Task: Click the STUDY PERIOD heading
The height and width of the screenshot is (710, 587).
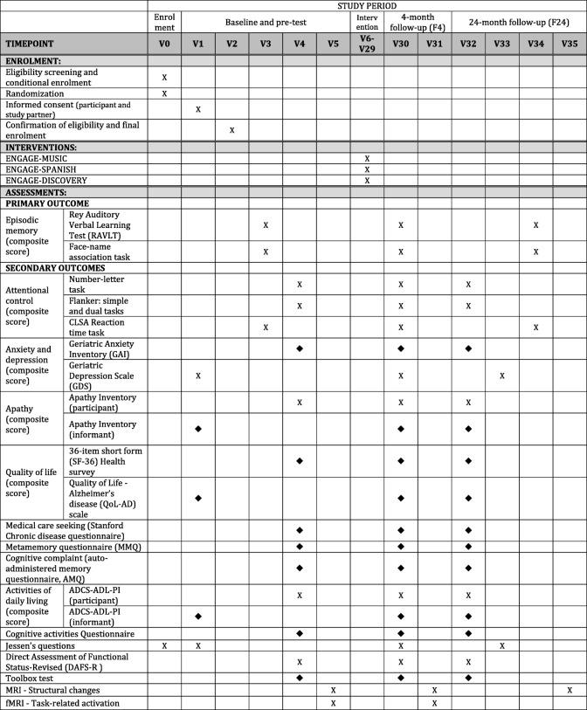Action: click(367, 5)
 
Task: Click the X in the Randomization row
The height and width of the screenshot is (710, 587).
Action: click(164, 93)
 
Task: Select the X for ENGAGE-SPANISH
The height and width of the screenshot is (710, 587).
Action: click(367, 169)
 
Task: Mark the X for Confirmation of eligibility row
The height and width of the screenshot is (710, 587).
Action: click(231, 130)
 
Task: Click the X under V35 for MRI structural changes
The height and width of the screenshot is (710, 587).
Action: click(570, 690)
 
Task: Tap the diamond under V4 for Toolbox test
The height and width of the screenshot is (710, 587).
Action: click(300, 677)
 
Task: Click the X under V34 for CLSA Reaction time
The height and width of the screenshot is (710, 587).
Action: click(535, 327)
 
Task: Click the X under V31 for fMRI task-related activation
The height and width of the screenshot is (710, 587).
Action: click(434, 703)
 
